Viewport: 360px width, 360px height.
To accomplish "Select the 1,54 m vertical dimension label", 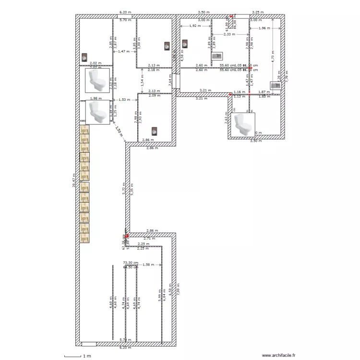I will (142, 80).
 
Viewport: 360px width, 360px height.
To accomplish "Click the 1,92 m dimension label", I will (195, 26).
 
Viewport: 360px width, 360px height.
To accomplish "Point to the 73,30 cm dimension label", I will (130, 263).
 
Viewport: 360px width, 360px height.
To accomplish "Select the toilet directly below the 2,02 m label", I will (98, 80).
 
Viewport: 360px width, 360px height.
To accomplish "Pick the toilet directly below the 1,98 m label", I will (98, 111).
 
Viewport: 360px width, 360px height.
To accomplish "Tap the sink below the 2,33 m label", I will (216, 57).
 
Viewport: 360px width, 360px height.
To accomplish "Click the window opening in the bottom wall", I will (88, 344).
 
